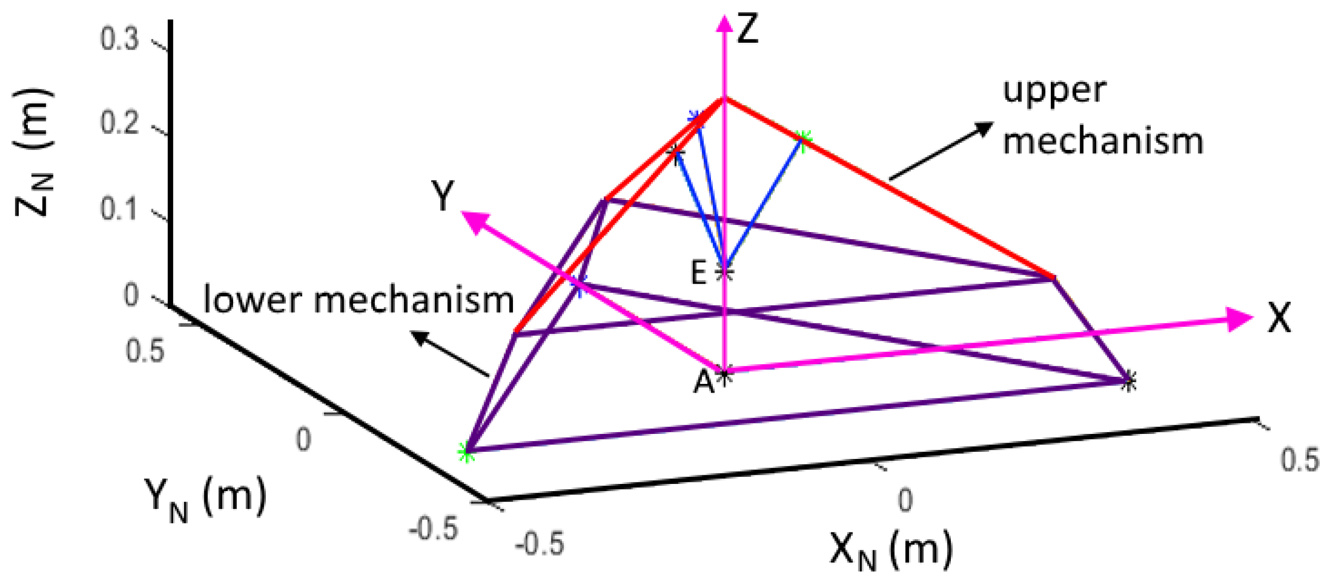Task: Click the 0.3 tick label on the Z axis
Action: [x=120, y=40]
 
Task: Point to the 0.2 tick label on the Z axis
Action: [x=120, y=124]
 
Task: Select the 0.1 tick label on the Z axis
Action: [x=120, y=209]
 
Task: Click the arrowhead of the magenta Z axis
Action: [x=724, y=23]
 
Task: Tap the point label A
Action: [x=704, y=383]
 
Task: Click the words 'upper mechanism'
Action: [x=1102, y=116]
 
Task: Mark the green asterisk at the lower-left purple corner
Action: [x=466, y=452]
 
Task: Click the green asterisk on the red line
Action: [x=803, y=139]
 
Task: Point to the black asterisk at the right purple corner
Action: [x=1129, y=382]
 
